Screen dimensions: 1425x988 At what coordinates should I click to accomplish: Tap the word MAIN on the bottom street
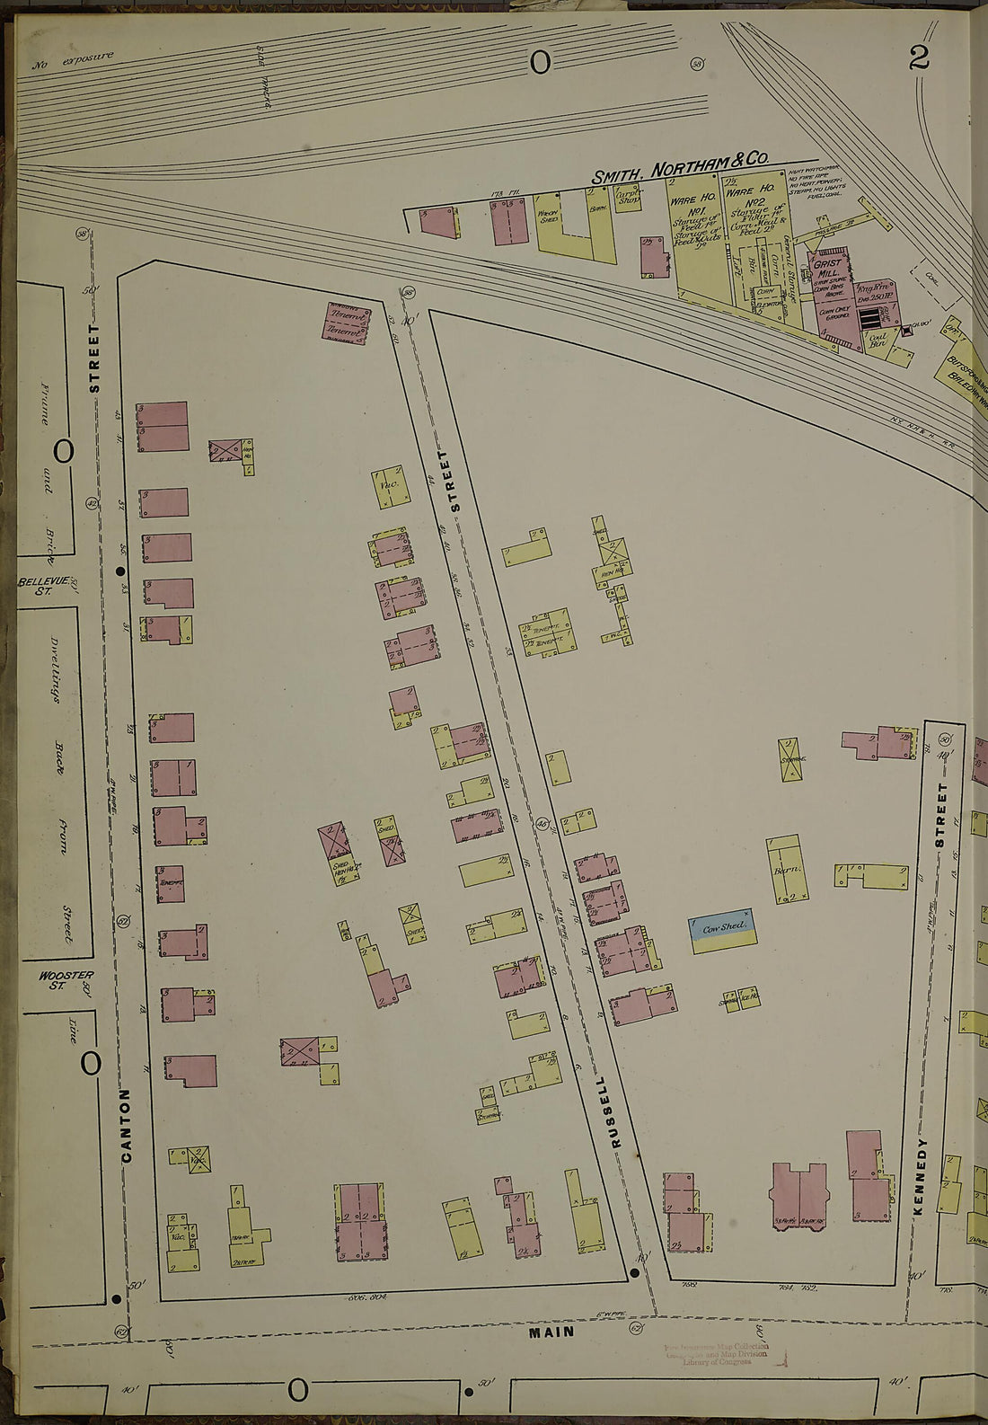(551, 1332)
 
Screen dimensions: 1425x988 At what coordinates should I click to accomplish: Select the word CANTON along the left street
(126, 1125)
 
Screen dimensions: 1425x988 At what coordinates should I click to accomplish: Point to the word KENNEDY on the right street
(920, 1177)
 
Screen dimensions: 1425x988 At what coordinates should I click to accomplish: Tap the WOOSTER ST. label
(66, 979)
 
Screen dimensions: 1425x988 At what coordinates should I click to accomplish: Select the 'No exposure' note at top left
(74, 61)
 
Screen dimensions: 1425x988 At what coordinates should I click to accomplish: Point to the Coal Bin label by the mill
(877, 339)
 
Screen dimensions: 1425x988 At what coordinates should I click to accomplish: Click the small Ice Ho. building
(751, 997)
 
